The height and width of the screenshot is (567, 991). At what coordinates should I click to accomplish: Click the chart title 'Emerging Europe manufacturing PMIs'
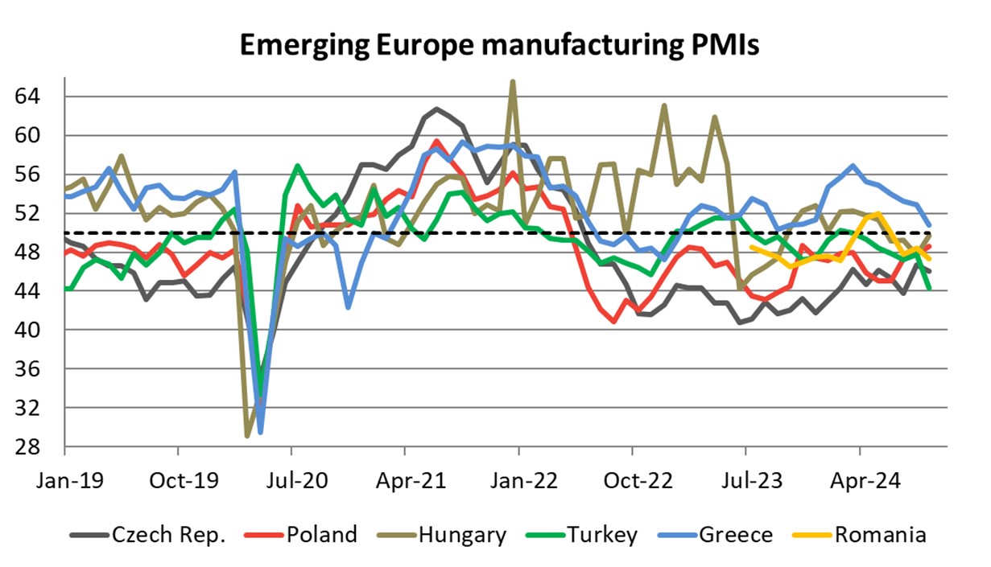point(499,46)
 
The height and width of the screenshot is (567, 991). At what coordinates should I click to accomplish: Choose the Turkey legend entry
point(601,535)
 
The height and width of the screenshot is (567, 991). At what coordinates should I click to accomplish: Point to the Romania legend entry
point(880,535)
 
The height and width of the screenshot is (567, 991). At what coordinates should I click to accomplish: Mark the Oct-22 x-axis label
point(632,485)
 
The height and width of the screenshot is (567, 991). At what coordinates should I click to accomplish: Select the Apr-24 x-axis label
point(859,485)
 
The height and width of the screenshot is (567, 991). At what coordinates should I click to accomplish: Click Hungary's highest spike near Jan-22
point(513,81)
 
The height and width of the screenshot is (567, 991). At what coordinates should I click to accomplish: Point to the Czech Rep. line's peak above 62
point(436,109)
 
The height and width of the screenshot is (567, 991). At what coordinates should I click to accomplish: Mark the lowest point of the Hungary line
point(247,436)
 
